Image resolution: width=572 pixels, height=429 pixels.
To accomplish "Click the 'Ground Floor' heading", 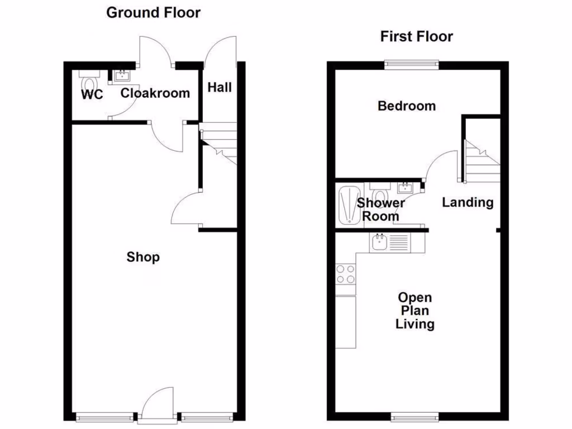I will coord(153,12).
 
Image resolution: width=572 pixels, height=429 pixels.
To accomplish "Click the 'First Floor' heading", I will coord(416,37).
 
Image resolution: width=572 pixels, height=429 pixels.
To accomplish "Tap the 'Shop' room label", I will coord(143,257).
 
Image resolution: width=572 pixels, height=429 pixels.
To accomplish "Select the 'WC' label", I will coord(92,95).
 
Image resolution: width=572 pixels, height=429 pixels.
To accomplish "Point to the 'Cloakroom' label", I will coord(155,93).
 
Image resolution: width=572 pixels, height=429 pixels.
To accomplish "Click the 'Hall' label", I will coord(220,87).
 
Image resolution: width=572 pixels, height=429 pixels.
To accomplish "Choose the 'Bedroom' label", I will coord(407,106).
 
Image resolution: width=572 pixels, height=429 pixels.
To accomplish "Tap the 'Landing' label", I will coord(468,202).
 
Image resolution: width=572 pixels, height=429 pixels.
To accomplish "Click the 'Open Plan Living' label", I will coord(414,311).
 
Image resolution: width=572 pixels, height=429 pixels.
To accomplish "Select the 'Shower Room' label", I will coord(381,209).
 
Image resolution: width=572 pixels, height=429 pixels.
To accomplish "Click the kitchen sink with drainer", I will coord(390,242).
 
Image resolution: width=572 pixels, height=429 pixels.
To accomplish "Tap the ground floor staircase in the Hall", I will coord(220,144).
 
